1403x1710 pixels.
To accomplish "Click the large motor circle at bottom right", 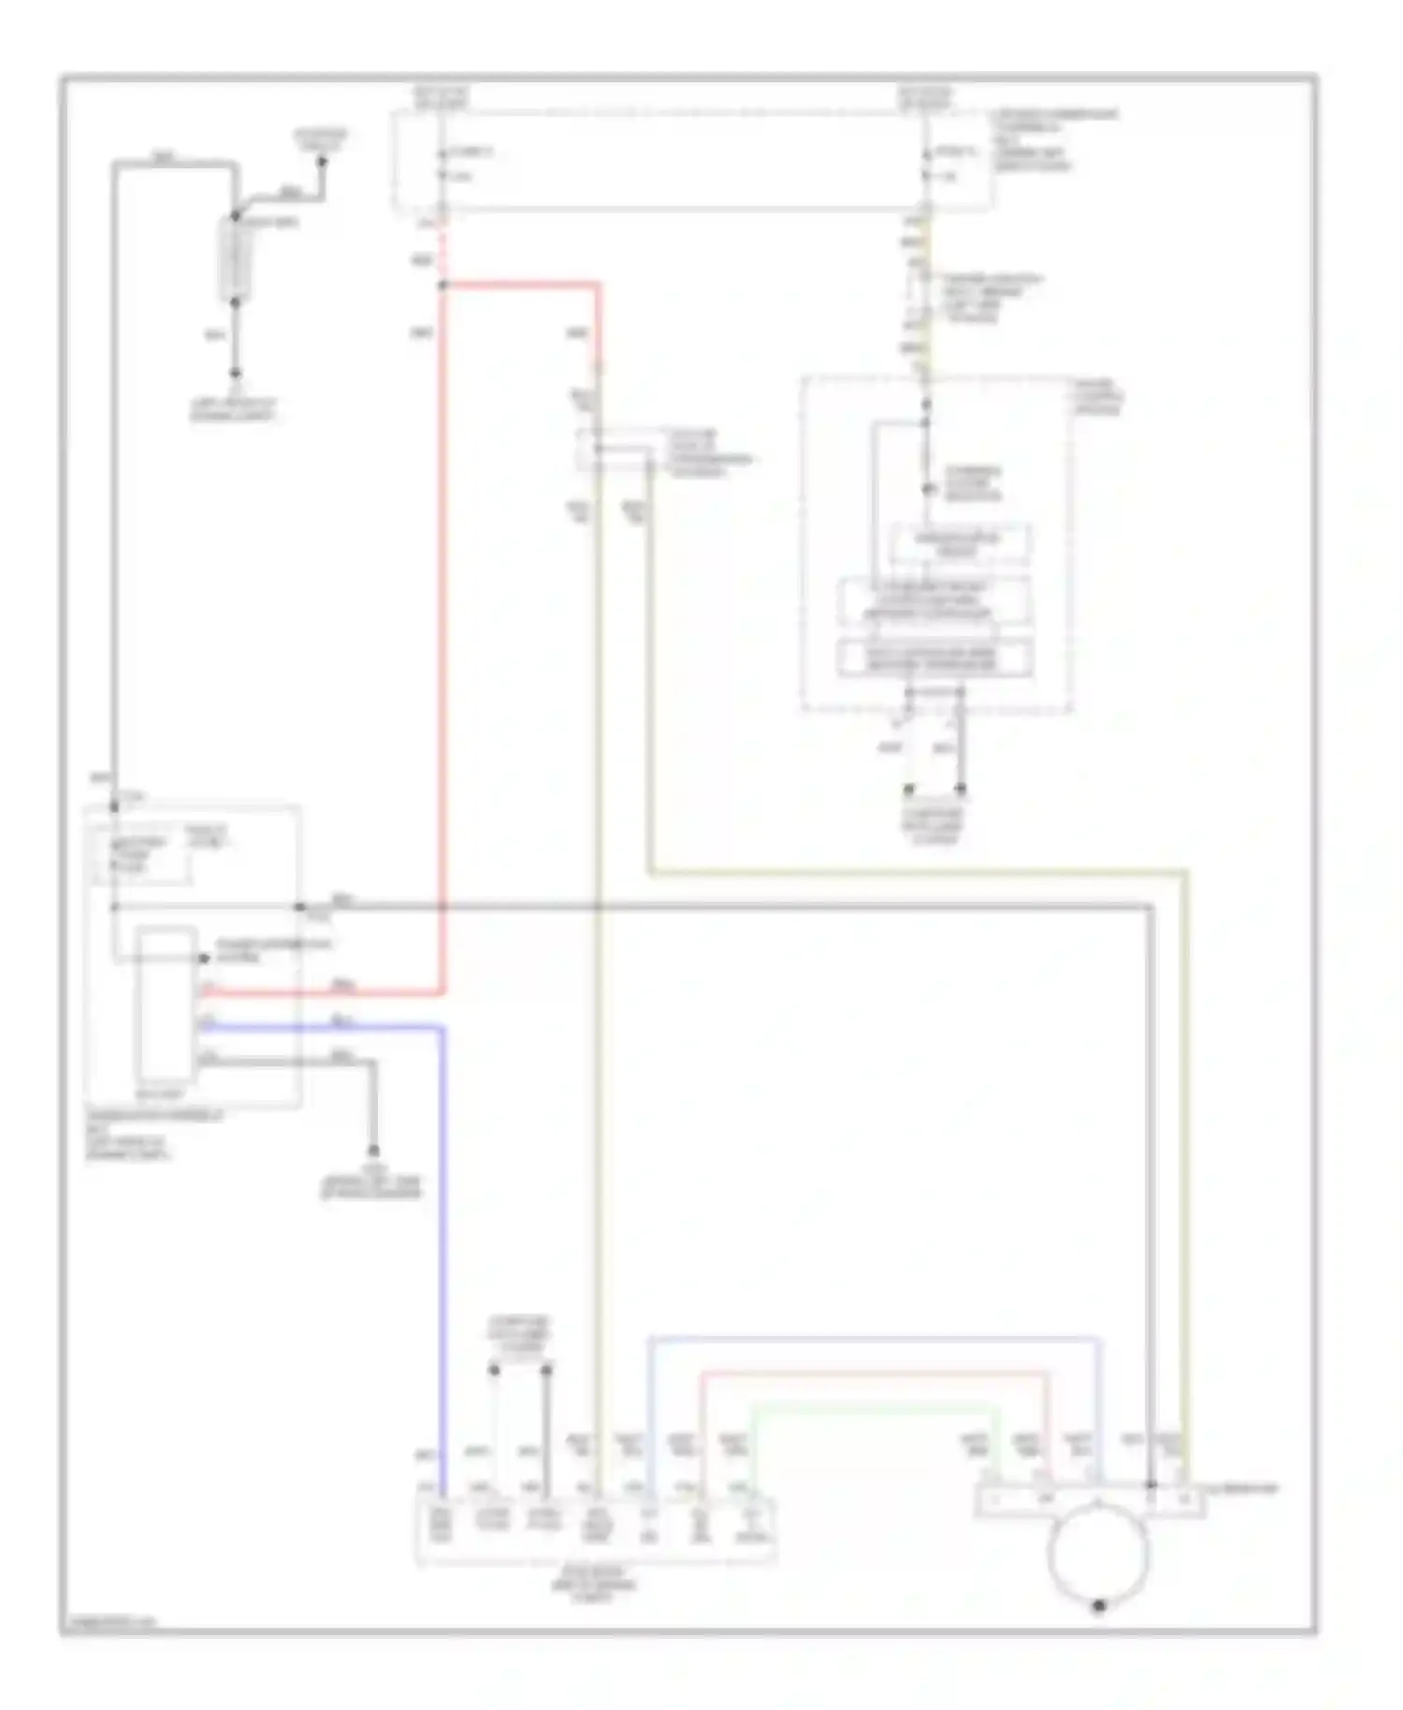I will point(1098,1554).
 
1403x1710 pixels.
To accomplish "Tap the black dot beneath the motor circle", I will point(1099,1606).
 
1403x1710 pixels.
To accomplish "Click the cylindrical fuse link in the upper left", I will point(235,259).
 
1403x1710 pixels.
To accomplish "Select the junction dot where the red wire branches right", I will point(442,283).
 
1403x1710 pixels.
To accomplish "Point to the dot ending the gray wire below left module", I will point(372,1150).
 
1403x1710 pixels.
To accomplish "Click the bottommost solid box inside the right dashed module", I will point(934,658).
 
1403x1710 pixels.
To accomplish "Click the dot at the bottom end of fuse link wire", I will point(235,372).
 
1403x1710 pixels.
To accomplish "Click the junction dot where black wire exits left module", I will point(300,906).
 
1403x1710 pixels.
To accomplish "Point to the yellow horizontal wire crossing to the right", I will point(917,873).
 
